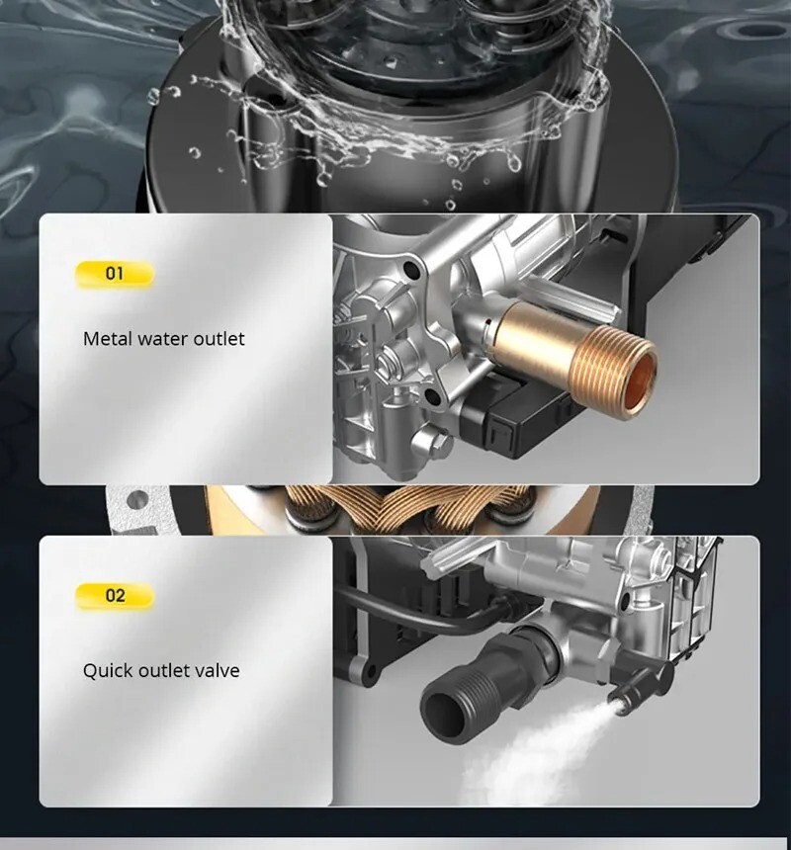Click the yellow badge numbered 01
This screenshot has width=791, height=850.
tap(115, 274)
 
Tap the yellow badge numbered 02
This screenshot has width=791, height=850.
tap(115, 596)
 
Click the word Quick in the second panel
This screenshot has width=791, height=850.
tap(109, 671)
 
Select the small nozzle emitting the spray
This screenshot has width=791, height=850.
tap(629, 690)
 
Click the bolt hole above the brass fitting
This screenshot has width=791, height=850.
tap(412, 268)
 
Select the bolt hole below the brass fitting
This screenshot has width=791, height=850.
tap(432, 397)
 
